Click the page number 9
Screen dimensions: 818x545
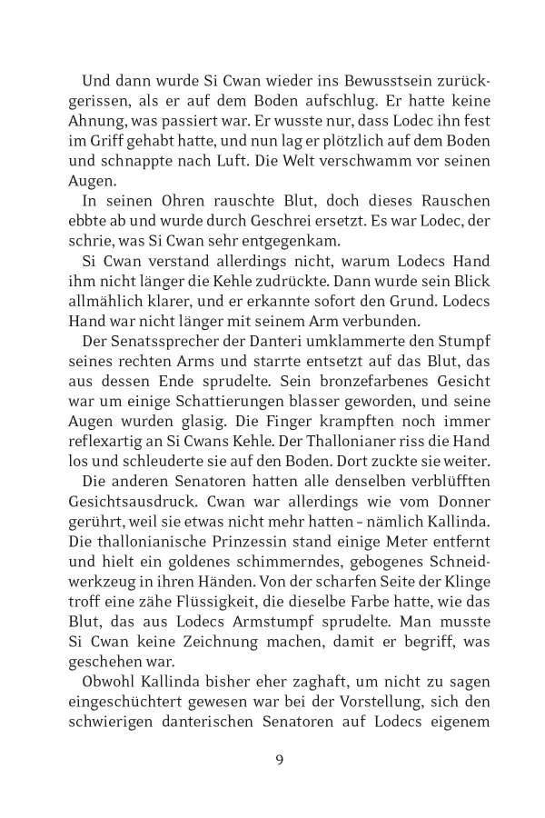280,760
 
